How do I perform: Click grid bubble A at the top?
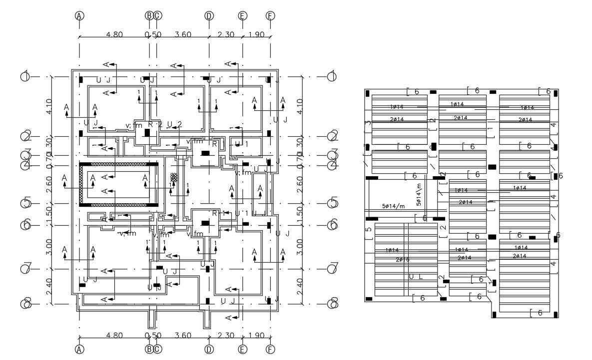coord(79,15)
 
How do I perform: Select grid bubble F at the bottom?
coord(270,349)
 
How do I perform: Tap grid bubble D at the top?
coord(209,15)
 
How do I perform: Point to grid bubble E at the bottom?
coord(242,349)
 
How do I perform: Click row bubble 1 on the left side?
coord(25,76)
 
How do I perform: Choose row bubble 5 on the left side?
coord(25,204)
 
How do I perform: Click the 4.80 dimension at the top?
coord(114,34)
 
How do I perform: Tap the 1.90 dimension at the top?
coord(256,34)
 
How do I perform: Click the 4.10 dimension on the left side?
coord(48,106)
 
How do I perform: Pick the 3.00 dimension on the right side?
coord(299,246)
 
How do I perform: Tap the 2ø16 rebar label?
coord(403,260)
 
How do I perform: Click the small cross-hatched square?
coord(174,177)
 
